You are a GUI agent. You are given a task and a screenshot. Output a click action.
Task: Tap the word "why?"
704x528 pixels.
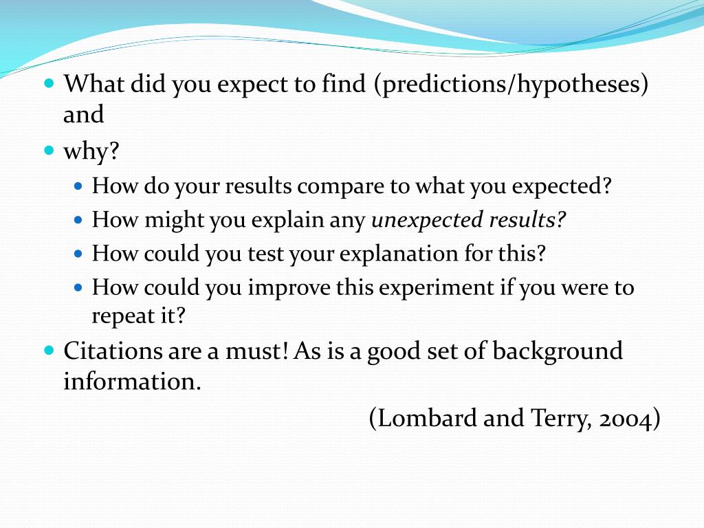(91, 151)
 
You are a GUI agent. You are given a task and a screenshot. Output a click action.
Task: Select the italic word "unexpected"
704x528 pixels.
(427, 221)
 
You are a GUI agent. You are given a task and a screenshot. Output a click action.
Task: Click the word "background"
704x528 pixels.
(558, 351)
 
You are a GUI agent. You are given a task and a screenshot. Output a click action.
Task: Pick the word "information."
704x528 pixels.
(132, 382)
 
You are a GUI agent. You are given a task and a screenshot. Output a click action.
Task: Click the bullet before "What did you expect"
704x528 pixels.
(49, 83)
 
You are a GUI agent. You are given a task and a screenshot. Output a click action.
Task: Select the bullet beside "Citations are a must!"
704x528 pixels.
(49, 350)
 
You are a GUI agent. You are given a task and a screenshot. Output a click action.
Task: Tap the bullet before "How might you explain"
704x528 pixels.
(78, 221)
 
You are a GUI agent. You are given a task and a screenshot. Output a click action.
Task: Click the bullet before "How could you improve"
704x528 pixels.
(78, 287)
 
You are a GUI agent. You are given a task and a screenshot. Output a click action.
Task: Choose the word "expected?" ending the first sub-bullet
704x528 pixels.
(562, 187)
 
